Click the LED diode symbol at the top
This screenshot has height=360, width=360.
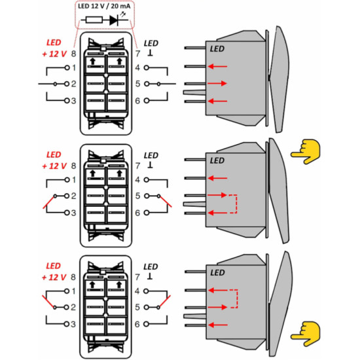click(114, 20)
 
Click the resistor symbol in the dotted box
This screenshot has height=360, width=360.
click(94, 20)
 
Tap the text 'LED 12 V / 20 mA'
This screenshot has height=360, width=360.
click(104, 6)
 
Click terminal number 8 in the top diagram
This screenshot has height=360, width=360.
click(73, 54)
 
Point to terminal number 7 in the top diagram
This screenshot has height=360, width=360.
click(137, 54)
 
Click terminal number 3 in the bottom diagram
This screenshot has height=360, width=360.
click(73, 324)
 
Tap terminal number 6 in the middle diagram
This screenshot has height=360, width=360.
click(137, 213)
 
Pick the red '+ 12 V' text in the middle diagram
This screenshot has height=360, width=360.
click(54, 166)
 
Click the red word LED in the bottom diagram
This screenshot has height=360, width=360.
click(53, 266)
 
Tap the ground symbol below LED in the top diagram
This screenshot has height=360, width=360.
click(151, 54)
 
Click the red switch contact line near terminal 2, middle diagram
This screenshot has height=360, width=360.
click(49, 202)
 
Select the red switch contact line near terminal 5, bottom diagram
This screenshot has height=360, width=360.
click(164, 301)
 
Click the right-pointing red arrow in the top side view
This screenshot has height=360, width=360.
click(217, 83)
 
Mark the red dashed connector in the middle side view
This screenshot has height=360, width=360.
click(234, 204)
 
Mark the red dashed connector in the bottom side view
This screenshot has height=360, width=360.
click(234, 298)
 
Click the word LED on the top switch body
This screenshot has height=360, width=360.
click(217, 48)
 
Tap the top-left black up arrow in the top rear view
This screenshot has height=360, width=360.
click(93, 62)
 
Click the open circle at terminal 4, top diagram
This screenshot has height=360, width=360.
click(146, 67)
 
